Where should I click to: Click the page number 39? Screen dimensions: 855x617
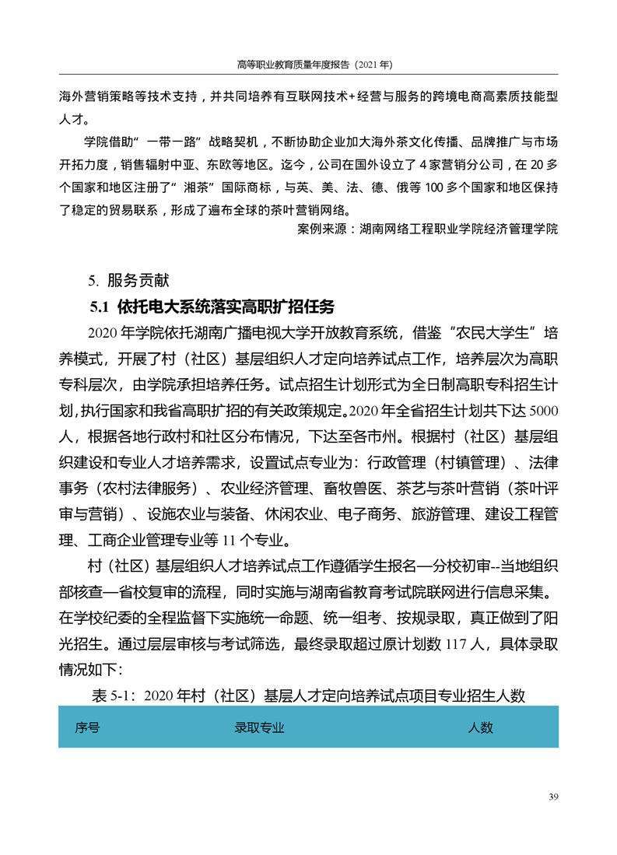click(x=553, y=796)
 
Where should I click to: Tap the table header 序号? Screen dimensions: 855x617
click(x=87, y=727)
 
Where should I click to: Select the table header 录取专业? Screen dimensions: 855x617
click(x=259, y=727)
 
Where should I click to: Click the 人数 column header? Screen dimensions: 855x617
click(x=480, y=727)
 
